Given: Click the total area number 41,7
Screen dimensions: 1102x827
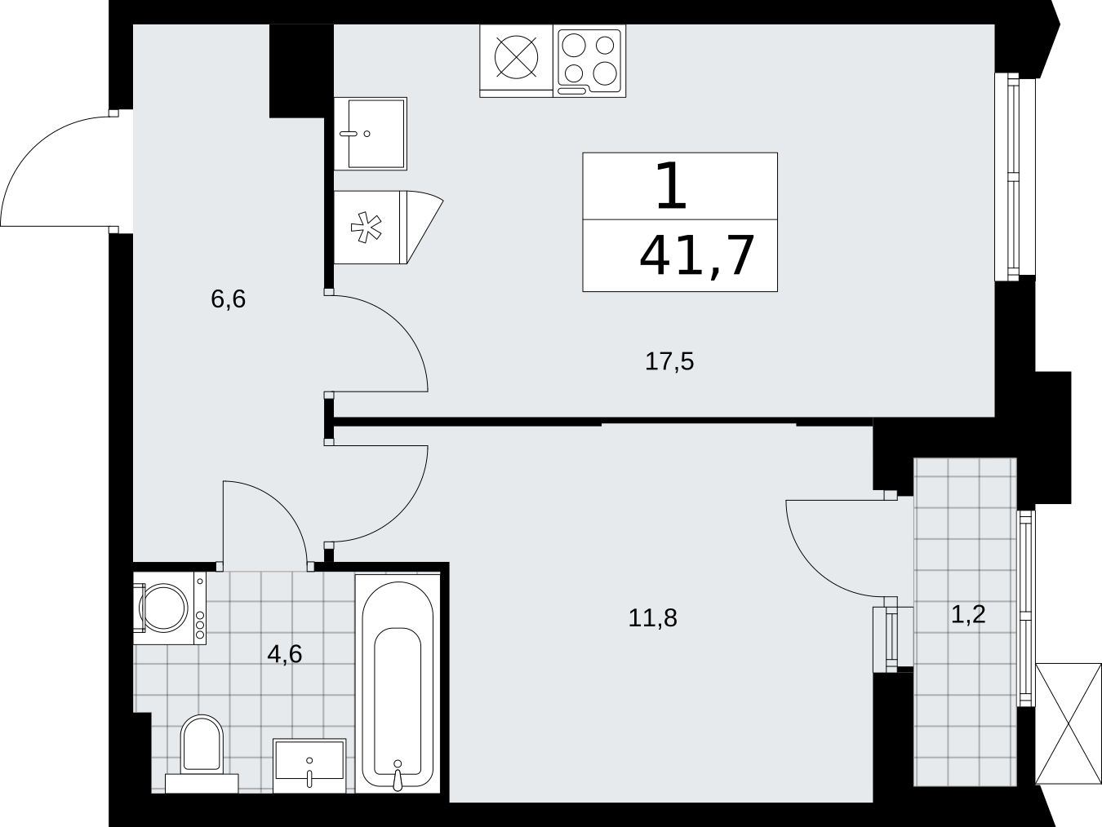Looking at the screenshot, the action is click(697, 256).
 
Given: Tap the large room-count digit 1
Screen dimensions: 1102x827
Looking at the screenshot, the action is click(671, 187).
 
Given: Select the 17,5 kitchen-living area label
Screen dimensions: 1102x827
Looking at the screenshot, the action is click(669, 361).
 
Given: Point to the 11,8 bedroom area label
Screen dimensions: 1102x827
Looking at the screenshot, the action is click(653, 618).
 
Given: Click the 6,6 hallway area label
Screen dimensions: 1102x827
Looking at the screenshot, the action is click(229, 299).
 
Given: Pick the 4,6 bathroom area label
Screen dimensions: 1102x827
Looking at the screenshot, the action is click(285, 654).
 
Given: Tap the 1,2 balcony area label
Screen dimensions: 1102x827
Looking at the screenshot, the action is click(968, 614).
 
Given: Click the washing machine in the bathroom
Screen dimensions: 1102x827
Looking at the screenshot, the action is click(169, 608).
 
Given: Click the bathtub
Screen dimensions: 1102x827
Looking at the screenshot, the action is click(398, 683).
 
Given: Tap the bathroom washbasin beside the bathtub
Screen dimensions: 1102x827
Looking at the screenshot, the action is click(309, 765).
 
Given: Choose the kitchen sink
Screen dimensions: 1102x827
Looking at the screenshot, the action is click(371, 134).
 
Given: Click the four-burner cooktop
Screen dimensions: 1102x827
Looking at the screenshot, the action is click(589, 61).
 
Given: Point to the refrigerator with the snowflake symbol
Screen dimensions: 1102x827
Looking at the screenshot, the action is click(389, 228).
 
